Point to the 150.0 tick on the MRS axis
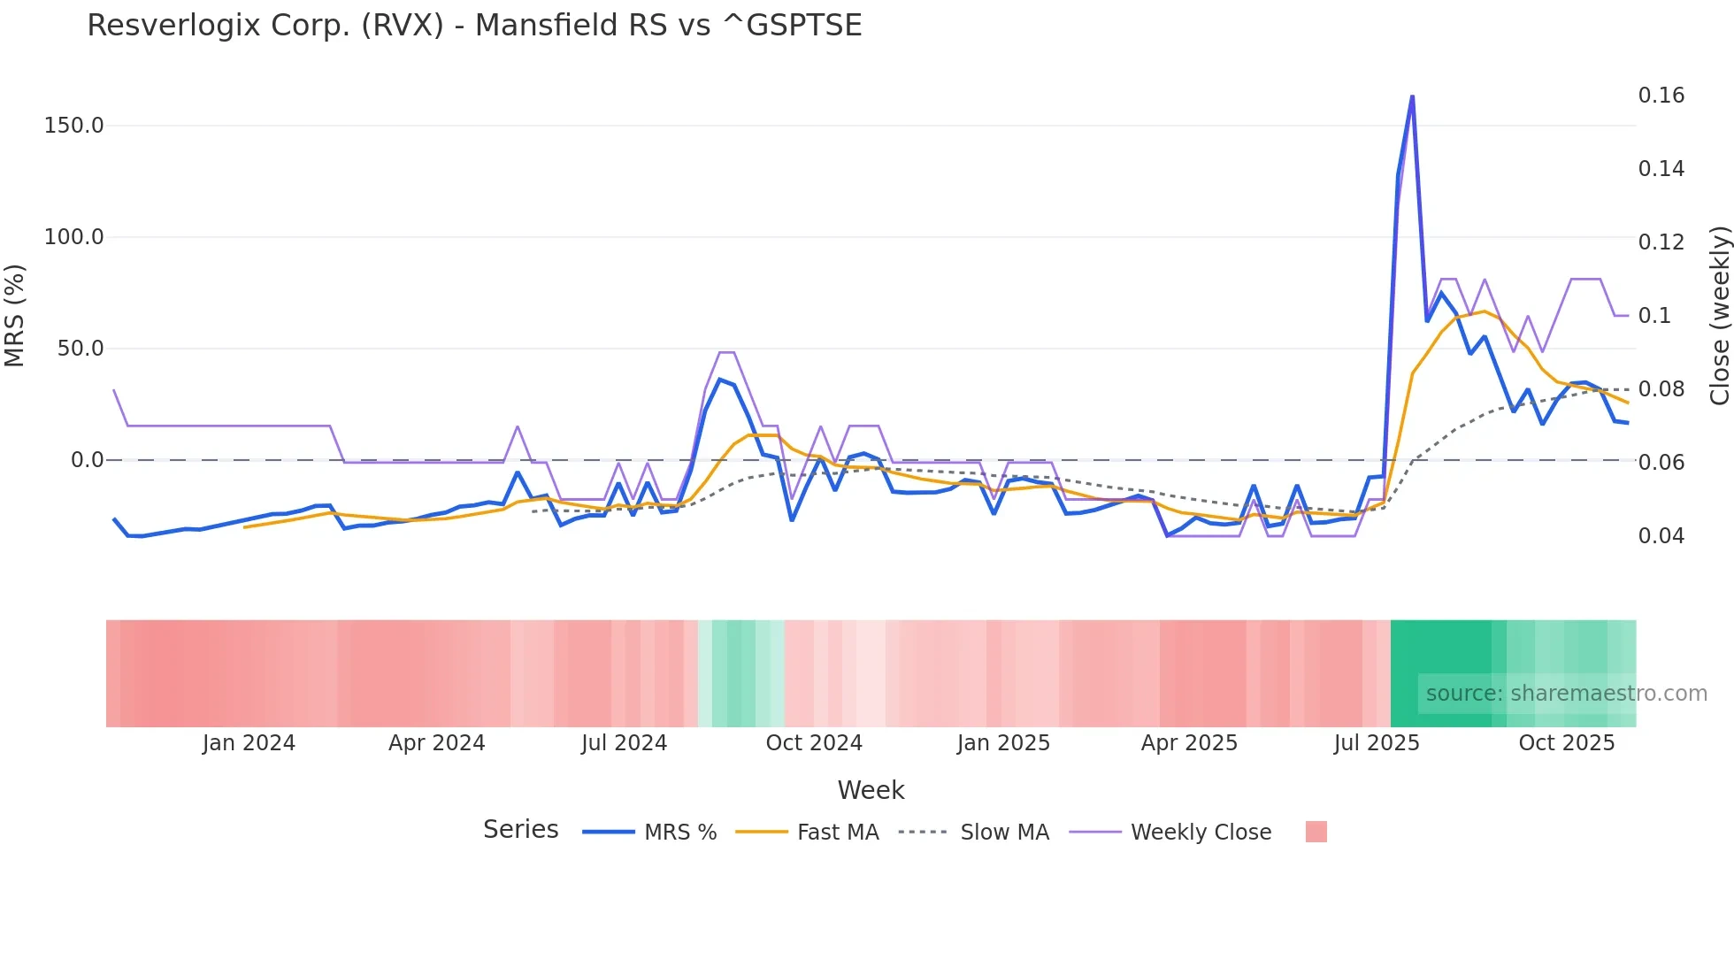click(73, 126)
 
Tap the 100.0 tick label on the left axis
click(73, 237)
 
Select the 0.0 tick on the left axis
click(87, 460)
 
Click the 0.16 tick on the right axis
click(1661, 96)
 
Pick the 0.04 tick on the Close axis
click(1661, 536)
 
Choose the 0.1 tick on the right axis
click(1653, 316)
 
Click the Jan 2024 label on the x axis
click(249, 743)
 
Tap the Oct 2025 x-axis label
click(1566, 743)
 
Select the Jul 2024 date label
click(624, 743)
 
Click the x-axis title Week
click(871, 790)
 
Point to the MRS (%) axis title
click(15, 316)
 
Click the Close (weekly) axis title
click(1719, 316)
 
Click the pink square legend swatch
click(1316, 832)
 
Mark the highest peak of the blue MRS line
click(1412, 96)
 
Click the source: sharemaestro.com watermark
click(1566, 694)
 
